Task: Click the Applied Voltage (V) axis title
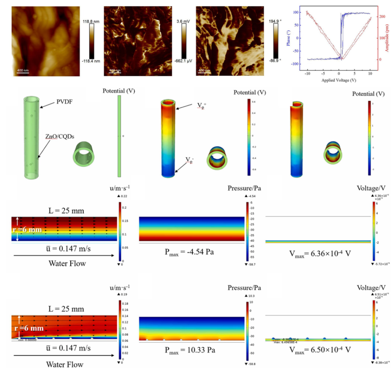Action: pyautogui.click(x=339, y=80)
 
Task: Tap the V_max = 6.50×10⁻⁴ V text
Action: pyautogui.click(x=317, y=350)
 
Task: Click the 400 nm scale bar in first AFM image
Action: pyautogui.click(x=22, y=71)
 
